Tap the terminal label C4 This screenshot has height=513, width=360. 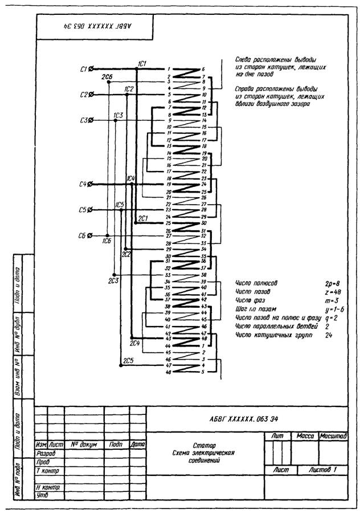[x=83, y=185]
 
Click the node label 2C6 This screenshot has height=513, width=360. [x=107, y=76]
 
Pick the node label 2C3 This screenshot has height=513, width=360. [x=113, y=280]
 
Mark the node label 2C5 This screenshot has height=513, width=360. [x=129, y=360]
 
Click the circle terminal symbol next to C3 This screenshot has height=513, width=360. [x=91, y=120]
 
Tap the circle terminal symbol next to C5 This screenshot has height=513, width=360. [x=91, y=210]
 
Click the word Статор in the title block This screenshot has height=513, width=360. [x=204, y=445]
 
